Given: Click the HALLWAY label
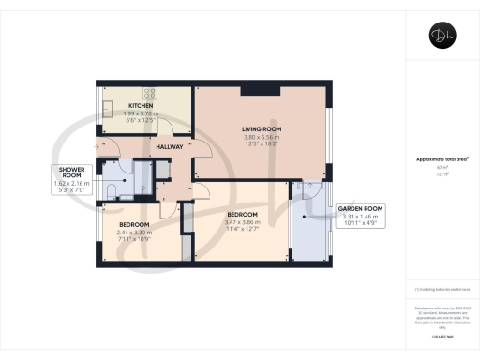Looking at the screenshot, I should (x=169, y=147).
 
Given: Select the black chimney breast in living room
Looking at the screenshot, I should (x=260, y=90).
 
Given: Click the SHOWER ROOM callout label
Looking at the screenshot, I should (x=71, y=172).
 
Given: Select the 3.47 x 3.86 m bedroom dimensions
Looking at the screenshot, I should (x=241, y=221).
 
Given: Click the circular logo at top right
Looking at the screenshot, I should (x=442, y=37).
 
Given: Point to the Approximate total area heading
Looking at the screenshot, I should (x=442, y=159).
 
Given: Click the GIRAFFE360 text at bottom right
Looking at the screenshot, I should (x=442, y=335).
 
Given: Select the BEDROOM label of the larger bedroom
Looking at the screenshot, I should (x=241, y=214).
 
